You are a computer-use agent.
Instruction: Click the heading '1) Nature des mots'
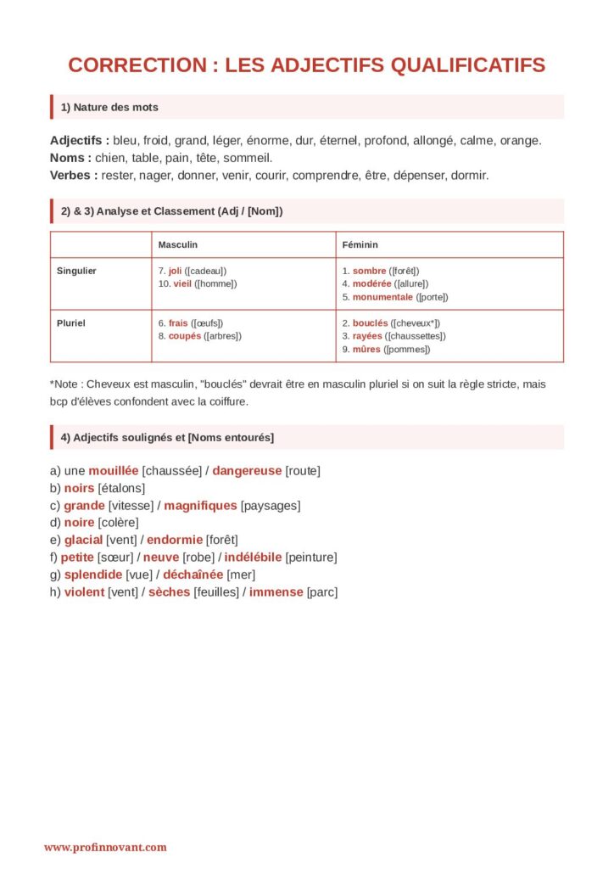tap(109, 107)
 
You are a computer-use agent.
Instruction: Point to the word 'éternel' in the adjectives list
tap(341, 140)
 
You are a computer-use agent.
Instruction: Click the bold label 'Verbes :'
tap(74, 176)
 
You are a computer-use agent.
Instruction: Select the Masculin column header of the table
tap(177, 244)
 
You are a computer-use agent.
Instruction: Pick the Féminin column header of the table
tap(360, 244)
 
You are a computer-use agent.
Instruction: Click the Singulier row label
tap(76, 271)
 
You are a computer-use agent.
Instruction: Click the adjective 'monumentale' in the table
tap(382, 297)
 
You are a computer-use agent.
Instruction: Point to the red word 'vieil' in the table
tap(182, 283)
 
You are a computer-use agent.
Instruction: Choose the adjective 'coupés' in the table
tap(185, 336)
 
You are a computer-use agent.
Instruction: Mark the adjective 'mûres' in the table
tap(366, 349)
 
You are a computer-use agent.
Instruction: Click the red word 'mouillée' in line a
tap(113, 470)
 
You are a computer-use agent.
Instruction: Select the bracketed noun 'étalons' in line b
tap(121, 488)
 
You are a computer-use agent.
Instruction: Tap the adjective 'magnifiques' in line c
tap(200, 505)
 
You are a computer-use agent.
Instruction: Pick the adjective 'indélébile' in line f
tap(253, 558)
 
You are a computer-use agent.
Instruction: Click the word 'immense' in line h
tap(276, 592)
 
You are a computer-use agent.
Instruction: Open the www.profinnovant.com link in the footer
tap(105, 847)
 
